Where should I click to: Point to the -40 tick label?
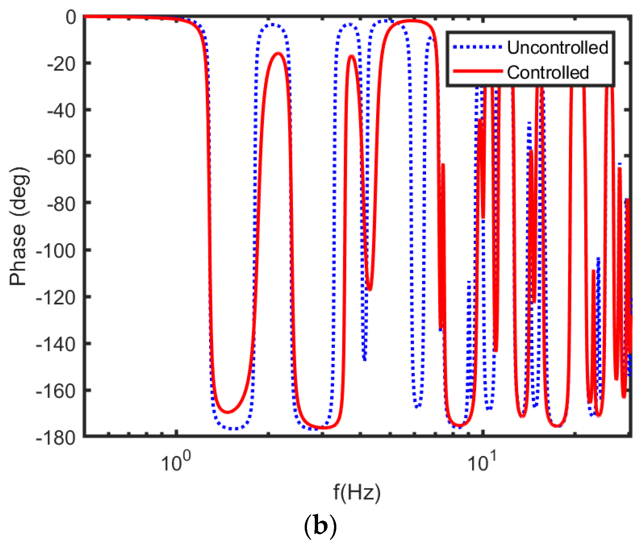coord(61,111)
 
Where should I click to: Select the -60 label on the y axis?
coord(61,158)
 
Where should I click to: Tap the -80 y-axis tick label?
coord(61,204)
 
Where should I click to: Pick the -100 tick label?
coord(56,251)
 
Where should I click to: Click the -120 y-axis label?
coord(56,298)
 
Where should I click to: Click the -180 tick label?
coord(56,438)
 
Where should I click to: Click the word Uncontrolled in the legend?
coord(558,48)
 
